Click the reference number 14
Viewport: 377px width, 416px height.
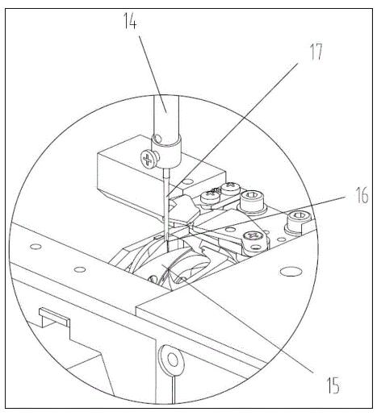coord(130,20)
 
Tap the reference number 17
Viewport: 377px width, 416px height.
coord(316,52)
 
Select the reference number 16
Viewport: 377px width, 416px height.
coord(362,195)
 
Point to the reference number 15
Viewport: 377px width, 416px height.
coord(333,385)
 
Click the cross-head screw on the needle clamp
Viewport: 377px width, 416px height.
coord(148,160)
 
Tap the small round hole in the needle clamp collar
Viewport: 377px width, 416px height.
coord(158,139)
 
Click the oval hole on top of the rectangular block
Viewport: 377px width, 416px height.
coord(188,181)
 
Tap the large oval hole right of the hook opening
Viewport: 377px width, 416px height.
coord(291,272)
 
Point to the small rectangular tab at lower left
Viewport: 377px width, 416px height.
coord(55,316)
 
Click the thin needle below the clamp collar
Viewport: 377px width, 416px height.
coord(166,204)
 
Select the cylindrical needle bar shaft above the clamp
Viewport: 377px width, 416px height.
coord(165,115)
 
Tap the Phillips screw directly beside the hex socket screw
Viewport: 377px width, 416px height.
coord(230,187)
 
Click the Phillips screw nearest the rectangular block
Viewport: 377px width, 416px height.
coord(211,197)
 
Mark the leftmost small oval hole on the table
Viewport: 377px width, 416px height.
coord(36,246)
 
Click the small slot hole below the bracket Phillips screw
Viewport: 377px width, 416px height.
coord(257,247)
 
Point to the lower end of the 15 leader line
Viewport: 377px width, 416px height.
coord(313,372)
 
